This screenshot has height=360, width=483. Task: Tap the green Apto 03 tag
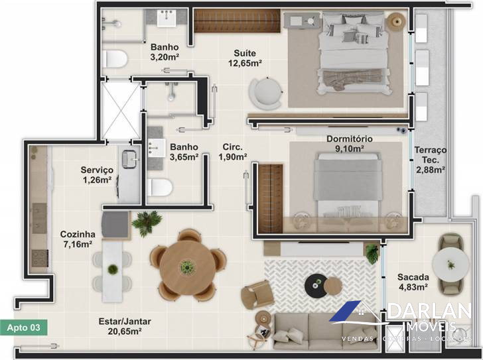click(24, 328)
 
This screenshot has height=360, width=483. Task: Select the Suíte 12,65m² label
click(245, 58)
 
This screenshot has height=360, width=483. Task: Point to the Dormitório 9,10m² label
click(350, 144)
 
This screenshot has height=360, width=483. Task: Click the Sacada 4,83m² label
click(413, 282)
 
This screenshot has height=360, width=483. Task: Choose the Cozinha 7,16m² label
click(78, 239)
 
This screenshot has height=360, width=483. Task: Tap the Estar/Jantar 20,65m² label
click(125, 326)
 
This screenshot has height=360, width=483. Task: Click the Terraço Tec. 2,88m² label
click(431, 160)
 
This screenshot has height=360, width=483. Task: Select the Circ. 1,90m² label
click(233, 152)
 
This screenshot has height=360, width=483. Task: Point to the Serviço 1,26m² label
click(97, 175)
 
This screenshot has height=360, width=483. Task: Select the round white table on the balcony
click(450, 265)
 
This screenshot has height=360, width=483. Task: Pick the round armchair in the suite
click(266, 93)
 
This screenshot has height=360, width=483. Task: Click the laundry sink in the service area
click(130, 159)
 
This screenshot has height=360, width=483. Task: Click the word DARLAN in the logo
click(430, 311)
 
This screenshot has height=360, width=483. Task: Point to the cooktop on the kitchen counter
click(40, 258)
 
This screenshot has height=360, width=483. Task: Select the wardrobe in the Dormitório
click(271, 199)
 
